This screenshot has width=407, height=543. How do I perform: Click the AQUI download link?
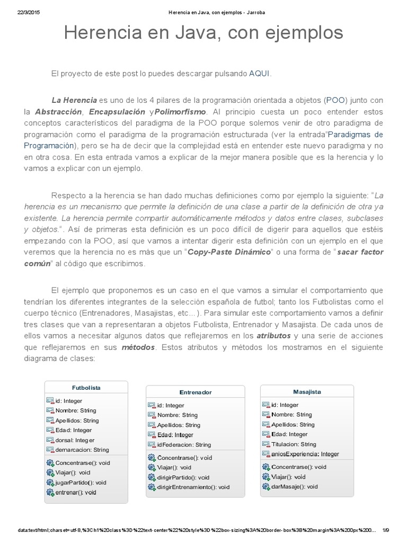[x=259, y=74]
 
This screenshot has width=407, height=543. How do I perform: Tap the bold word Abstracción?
[x=58, y=112]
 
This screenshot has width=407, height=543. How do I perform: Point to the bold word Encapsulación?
[x=117, y=112]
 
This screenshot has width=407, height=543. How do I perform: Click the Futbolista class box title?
[x=86, y=388]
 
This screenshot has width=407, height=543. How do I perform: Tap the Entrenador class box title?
[x=195, y=392]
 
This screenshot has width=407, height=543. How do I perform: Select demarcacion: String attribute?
[x=82, y=450]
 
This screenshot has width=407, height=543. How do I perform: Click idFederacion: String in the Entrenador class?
[x=183, y=444]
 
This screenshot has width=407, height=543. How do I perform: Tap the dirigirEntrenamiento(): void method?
[x=193, y=487]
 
